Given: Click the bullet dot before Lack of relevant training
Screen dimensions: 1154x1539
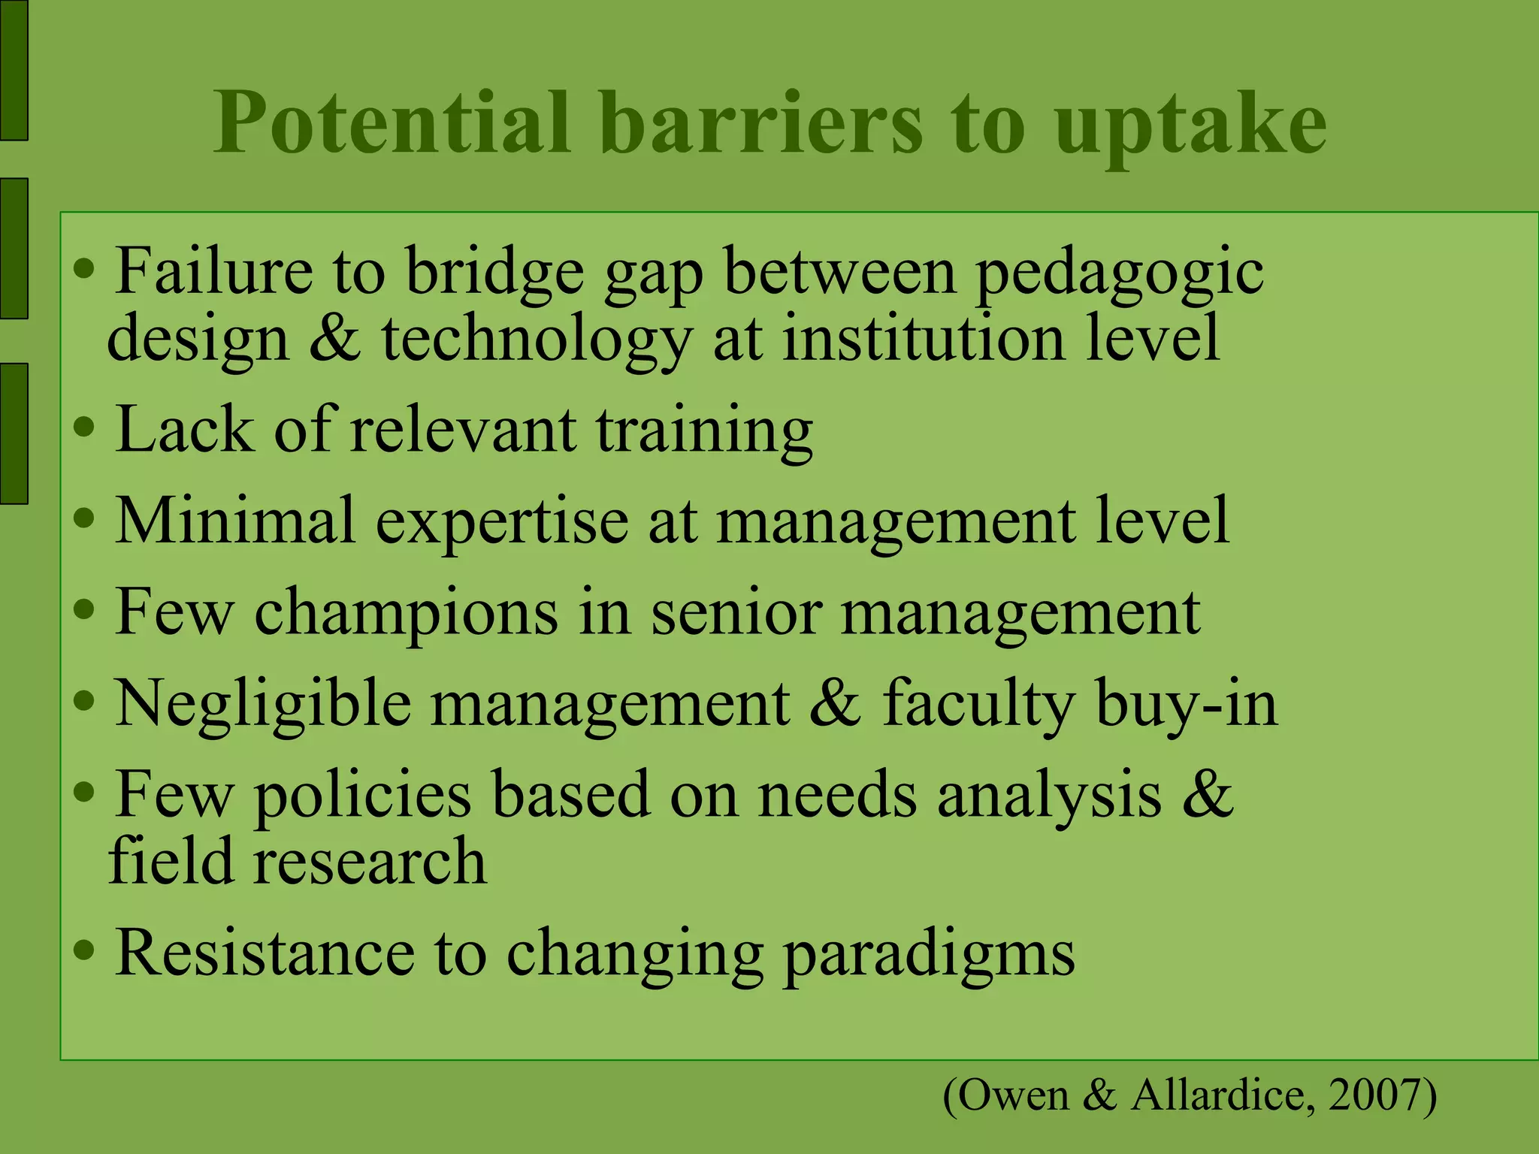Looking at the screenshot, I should pyautogui.click(x=85, y=427).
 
